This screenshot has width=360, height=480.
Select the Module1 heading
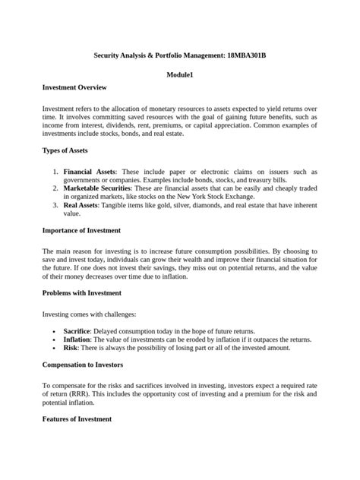[180, 75]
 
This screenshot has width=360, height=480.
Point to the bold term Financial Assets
[90, 172]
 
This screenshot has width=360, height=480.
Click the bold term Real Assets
[81, 204]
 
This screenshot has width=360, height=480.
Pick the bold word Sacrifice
[77, 332]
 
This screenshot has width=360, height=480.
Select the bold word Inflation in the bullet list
[76, 339]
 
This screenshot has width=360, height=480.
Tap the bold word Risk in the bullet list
[71, 348]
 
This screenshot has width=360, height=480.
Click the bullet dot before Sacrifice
[55, 332]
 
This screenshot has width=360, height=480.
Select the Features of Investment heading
[77, 419]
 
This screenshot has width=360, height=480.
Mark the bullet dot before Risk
[55, 348]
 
